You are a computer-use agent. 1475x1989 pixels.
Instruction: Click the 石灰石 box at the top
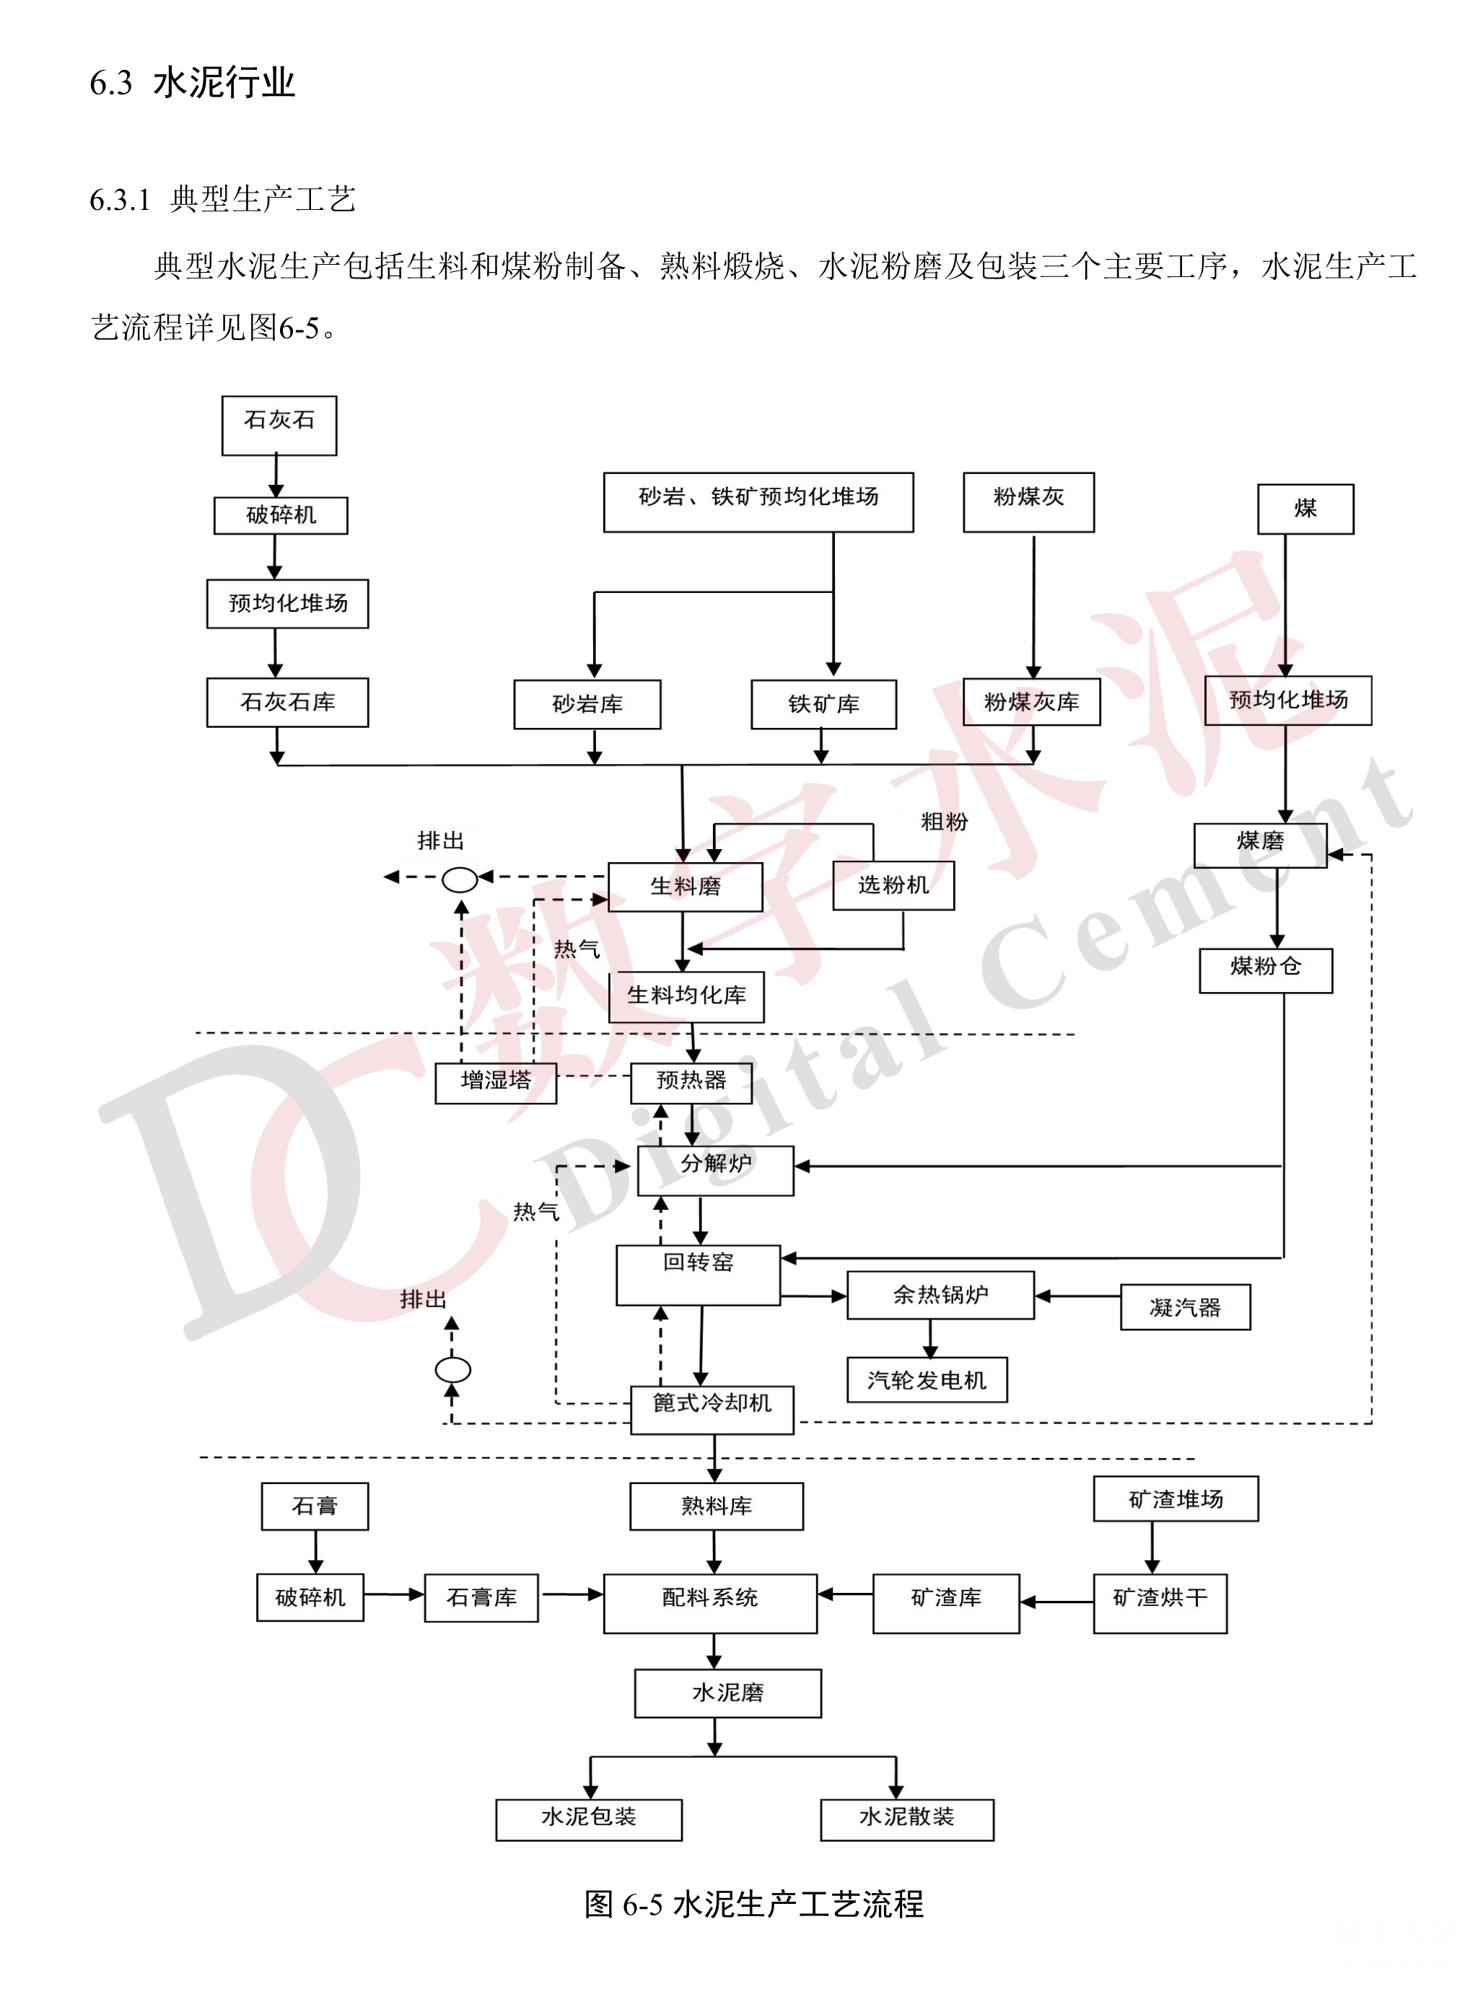click(279, 425)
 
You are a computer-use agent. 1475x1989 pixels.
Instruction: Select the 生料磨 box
click(685, 887)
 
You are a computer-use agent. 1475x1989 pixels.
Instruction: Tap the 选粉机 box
click(893, 884)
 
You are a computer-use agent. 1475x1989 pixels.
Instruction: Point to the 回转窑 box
click(699, 1275)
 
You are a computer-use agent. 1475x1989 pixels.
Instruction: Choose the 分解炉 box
click(715, 1169)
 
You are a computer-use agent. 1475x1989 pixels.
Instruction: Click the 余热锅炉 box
click(940, 1294)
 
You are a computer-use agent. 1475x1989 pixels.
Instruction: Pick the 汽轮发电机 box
click(927, 1379)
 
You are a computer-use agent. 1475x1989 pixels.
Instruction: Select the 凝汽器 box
click(1185, 1307)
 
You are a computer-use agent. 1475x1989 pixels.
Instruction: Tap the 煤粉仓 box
click(1265, 970)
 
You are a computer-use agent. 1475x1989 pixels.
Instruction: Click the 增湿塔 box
click(496, 1082)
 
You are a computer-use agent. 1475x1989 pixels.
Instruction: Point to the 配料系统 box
click(710, 1603)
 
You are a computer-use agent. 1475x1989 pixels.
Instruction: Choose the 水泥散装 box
click(906, 1819)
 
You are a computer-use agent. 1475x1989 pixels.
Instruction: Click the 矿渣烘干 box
click(1160, 1603)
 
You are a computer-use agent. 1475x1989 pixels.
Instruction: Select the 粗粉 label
click(944, 821)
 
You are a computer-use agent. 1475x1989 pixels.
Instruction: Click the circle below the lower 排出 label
click(452, 1369)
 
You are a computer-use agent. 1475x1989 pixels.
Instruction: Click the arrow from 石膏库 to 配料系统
click(572, 1594)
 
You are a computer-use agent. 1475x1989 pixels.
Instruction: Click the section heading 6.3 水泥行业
click(192, 83)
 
